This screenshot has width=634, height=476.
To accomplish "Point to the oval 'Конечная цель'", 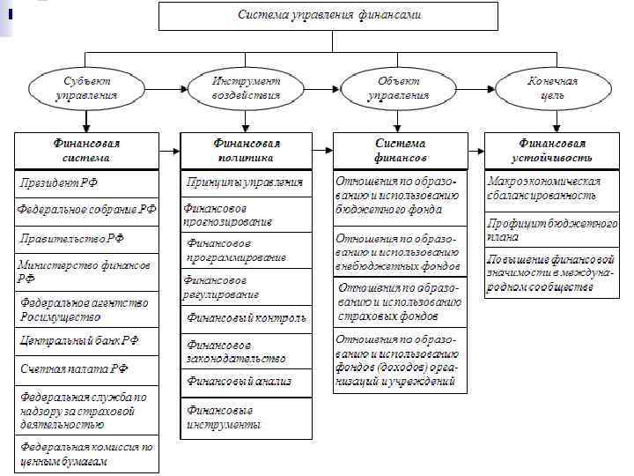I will coord(546,87).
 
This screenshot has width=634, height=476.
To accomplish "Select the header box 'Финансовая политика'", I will coord(247,150).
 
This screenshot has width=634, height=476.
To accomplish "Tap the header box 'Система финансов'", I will coord(400,150).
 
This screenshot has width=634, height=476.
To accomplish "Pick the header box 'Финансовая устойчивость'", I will coord(551,150).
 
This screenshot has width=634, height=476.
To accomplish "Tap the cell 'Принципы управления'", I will coord(247,182).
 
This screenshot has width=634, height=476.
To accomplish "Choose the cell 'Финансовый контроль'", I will coord(247,317).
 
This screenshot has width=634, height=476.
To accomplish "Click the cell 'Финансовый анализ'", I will coord(247,382).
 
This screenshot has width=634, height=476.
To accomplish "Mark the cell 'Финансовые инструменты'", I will coord(247,417).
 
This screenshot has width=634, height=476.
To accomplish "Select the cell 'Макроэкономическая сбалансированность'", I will coord(551,188).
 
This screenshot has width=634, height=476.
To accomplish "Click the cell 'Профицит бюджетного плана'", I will coord(551,230).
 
